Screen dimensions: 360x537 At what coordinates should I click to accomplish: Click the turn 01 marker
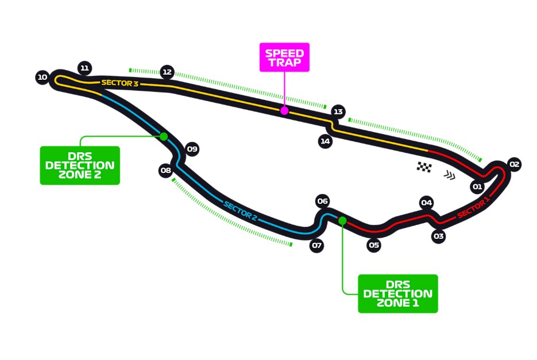(477, 187)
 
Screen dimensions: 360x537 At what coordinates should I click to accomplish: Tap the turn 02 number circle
(514, 165)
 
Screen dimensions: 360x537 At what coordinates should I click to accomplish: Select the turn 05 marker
(374, 245)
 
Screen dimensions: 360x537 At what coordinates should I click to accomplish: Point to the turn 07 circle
(316, 246)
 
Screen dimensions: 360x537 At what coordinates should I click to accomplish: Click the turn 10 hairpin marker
(42, 77)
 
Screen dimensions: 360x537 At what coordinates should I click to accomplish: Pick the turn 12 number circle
(167, 72)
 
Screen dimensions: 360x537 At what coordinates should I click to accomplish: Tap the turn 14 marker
(326, 141)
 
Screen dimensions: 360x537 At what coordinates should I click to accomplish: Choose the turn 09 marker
(192, 149)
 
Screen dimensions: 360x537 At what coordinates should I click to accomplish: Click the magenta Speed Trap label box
(284, 57)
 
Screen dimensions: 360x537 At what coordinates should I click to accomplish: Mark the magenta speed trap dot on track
(284, 110)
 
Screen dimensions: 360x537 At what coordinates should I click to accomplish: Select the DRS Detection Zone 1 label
(397, 293)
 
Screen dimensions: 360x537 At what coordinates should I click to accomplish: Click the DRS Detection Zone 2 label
(80, 165)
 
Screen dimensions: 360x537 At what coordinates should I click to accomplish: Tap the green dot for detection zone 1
(342, 220)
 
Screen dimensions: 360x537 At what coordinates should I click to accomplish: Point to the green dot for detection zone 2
(164, 136)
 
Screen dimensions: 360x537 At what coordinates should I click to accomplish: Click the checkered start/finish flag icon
(424, 167)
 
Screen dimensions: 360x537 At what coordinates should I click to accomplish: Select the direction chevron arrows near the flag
(449, 175)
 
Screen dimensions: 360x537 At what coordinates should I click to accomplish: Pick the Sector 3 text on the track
(120, 83)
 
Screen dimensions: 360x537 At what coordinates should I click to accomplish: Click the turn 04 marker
(426, 202)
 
